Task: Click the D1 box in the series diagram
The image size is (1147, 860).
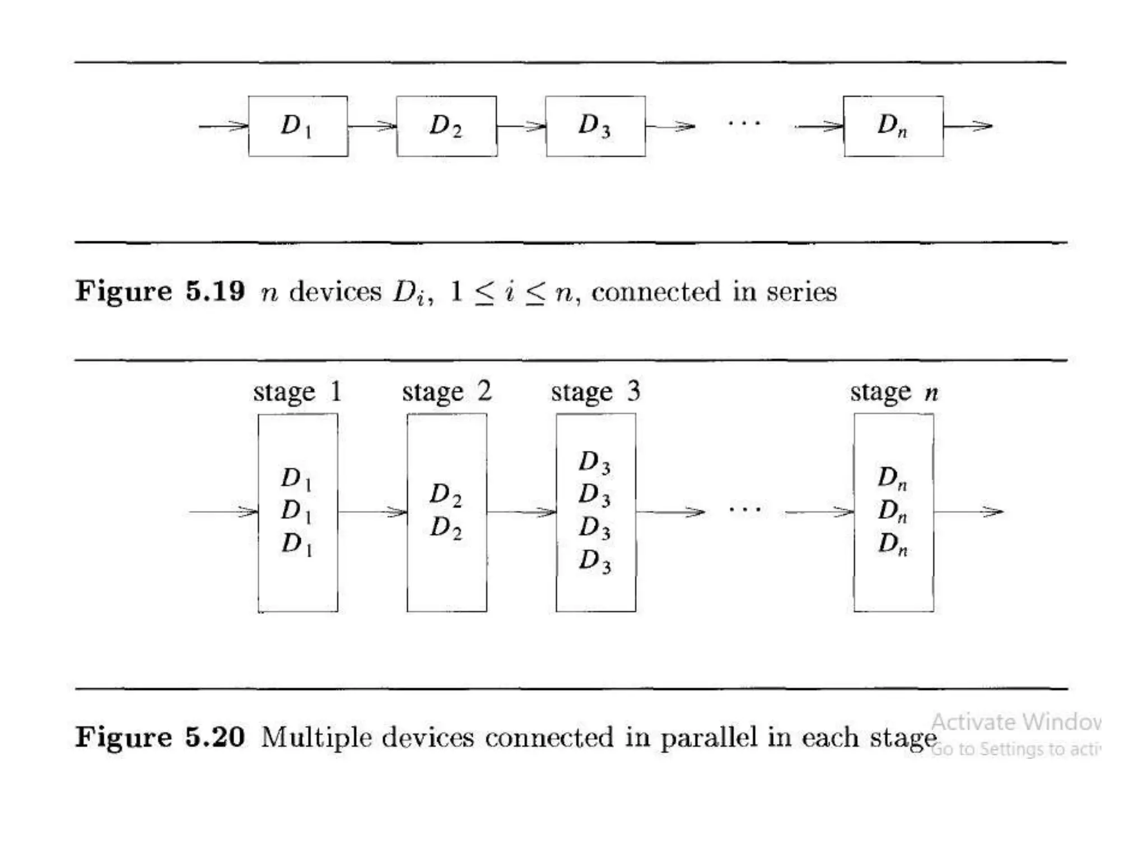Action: [297, 126]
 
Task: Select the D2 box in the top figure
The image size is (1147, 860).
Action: [446, 126]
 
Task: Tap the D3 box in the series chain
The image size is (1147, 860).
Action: [595, 126]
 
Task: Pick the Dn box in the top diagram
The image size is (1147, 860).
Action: [893, 126]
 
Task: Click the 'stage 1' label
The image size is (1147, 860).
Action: [297, 392]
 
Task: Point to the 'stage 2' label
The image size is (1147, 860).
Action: [446, 392]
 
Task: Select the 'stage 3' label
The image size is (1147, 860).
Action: [595, 392]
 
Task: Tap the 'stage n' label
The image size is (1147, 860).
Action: [894, 392]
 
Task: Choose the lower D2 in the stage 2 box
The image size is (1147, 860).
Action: [446, 527]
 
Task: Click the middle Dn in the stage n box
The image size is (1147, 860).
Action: [893, 511]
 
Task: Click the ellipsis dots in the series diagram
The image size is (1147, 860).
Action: [744, 123]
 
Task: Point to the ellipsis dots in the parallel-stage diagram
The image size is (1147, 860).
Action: [745, 509]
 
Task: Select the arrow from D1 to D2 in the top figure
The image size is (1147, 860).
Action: [372, 127]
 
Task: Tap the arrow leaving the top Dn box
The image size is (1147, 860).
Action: [968, 127]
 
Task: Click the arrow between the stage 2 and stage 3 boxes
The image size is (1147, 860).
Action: [521, 512]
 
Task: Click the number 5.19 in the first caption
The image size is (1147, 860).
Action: [215, 291]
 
